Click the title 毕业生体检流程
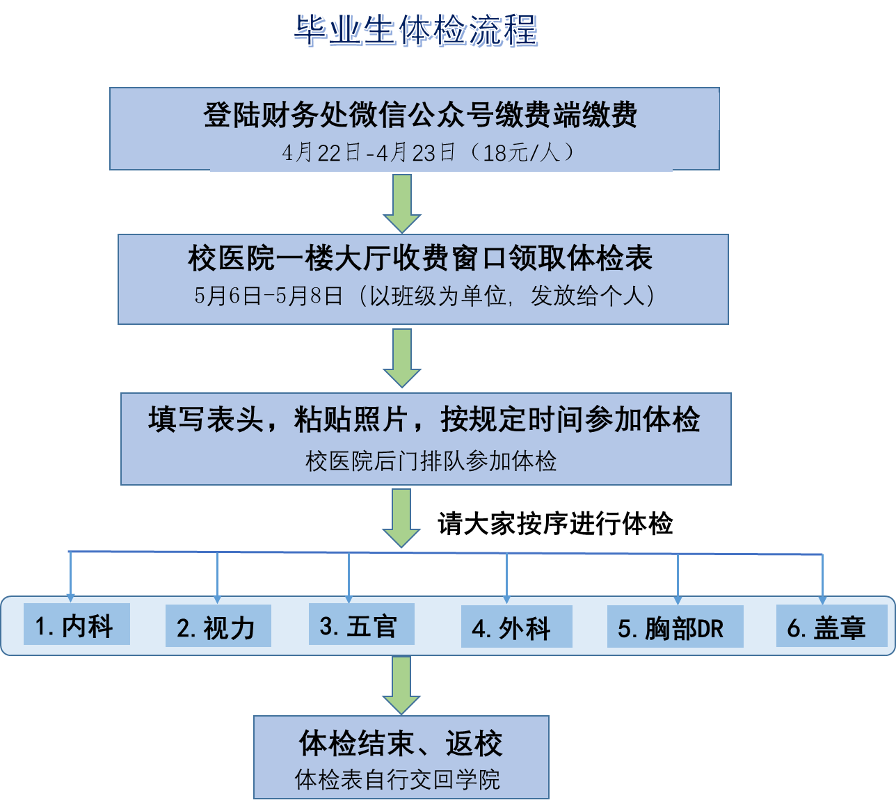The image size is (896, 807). (x=415, y=31)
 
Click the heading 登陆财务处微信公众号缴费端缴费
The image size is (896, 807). (x=420, y=115)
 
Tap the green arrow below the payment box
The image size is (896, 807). (x=402, y=202)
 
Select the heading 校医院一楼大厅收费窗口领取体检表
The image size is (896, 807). (x=420, y=259)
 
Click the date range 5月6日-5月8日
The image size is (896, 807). (x=269, y=296)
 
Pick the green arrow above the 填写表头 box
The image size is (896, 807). (x=402, y=358)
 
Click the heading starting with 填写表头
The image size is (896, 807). (x=424, y=420)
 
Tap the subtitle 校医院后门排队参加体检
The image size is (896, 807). (x=431, y=461)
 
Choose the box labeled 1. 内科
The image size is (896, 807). (x=76, y=625)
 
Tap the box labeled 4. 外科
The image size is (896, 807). (x=515, y=628)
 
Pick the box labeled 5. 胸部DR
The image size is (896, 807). (x=674, y=628)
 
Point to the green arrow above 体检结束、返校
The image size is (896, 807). (x=401, y=685)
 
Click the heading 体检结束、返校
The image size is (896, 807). (x=401, y=744)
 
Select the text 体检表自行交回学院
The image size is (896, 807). (x=397, y=780)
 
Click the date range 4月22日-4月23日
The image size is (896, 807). (x=369, y=152)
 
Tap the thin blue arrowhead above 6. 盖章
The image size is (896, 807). (x=822, y=600)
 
